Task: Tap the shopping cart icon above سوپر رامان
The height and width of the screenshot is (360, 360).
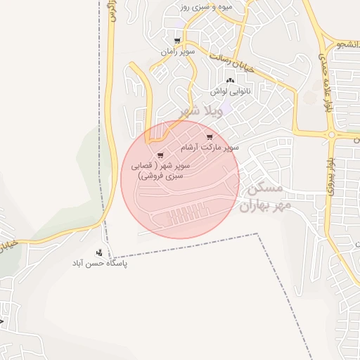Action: pos(177,41)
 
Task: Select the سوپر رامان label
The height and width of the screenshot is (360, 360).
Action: pos(177,52)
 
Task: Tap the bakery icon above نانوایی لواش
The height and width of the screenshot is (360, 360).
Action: pos(230,80)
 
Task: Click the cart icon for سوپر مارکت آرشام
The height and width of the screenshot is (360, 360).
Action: pos(209,136)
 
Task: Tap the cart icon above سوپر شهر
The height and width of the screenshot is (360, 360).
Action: pos(160,155)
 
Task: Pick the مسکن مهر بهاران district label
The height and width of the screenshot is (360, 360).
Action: pos(261,198)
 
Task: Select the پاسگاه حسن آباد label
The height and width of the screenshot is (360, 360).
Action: pos(98,264)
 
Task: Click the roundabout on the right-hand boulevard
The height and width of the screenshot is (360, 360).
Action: pos(331,134)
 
